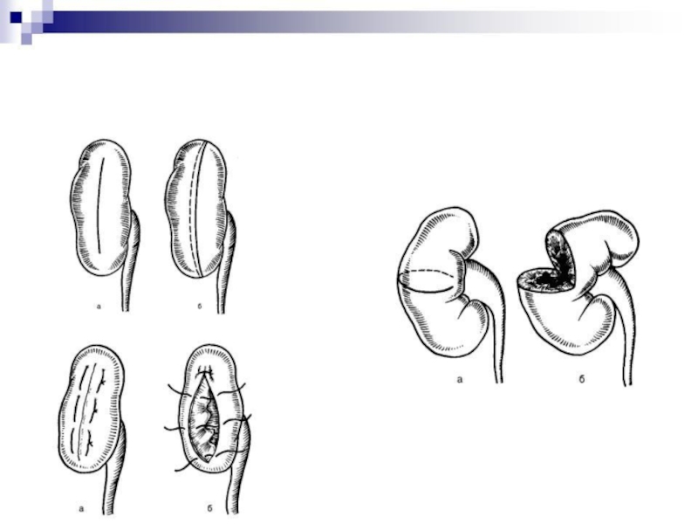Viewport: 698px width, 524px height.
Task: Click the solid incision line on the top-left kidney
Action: [x=100, y=205]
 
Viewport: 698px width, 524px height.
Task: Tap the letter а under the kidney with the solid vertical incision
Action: [x=99, y=307]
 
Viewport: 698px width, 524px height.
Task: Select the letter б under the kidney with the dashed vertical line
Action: [x=200, y=307]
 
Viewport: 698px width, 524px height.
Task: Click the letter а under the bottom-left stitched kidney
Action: [x=81, y=508]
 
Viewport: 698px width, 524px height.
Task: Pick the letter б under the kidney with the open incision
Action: [x=209, y=508]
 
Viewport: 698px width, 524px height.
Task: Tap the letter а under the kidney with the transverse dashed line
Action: [x=460, y=380]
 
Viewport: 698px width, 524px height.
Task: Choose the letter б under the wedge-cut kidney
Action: [x=581, y=379]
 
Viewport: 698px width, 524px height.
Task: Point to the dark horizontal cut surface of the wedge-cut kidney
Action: [x=542, y=279]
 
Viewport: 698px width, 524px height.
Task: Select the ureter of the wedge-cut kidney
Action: [x=623, y=321]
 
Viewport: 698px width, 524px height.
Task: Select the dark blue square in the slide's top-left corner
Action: [x=16, y=17]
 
